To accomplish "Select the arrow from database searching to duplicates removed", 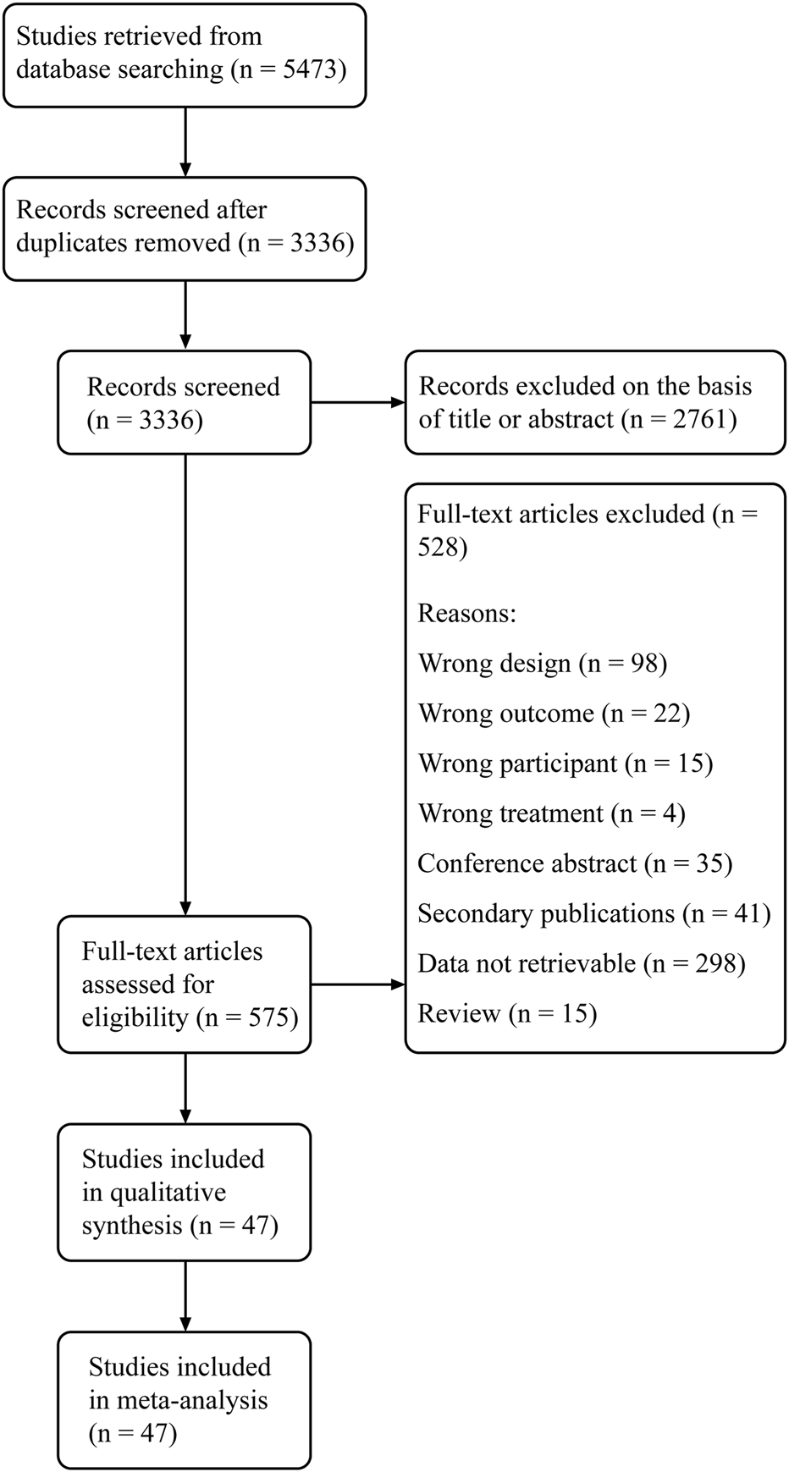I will click(185, 141).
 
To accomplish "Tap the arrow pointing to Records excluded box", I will click(357, 403).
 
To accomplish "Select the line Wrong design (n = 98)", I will click(542, 664).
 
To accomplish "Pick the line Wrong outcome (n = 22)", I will click(554, 714).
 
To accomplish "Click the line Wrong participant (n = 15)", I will click(565, 764).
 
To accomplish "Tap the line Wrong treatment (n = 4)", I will click(551, 813).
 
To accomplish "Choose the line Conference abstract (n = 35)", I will click(574, 863).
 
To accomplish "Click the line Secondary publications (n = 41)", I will click(593, 913).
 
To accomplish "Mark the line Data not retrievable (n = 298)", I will click(581, 963).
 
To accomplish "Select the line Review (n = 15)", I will click(507, 1013).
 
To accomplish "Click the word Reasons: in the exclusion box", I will click(466, 613).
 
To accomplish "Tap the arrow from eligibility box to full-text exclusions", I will click(357, 984).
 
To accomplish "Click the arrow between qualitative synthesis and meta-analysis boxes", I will click(185, 1296).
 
